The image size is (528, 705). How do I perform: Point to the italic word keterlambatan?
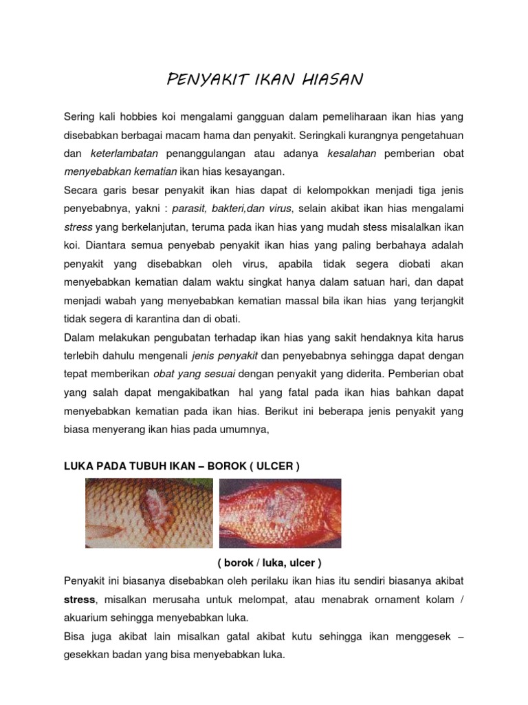point(125,153)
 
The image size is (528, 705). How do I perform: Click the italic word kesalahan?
point(353,153)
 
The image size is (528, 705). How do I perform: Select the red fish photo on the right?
point(280,513)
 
